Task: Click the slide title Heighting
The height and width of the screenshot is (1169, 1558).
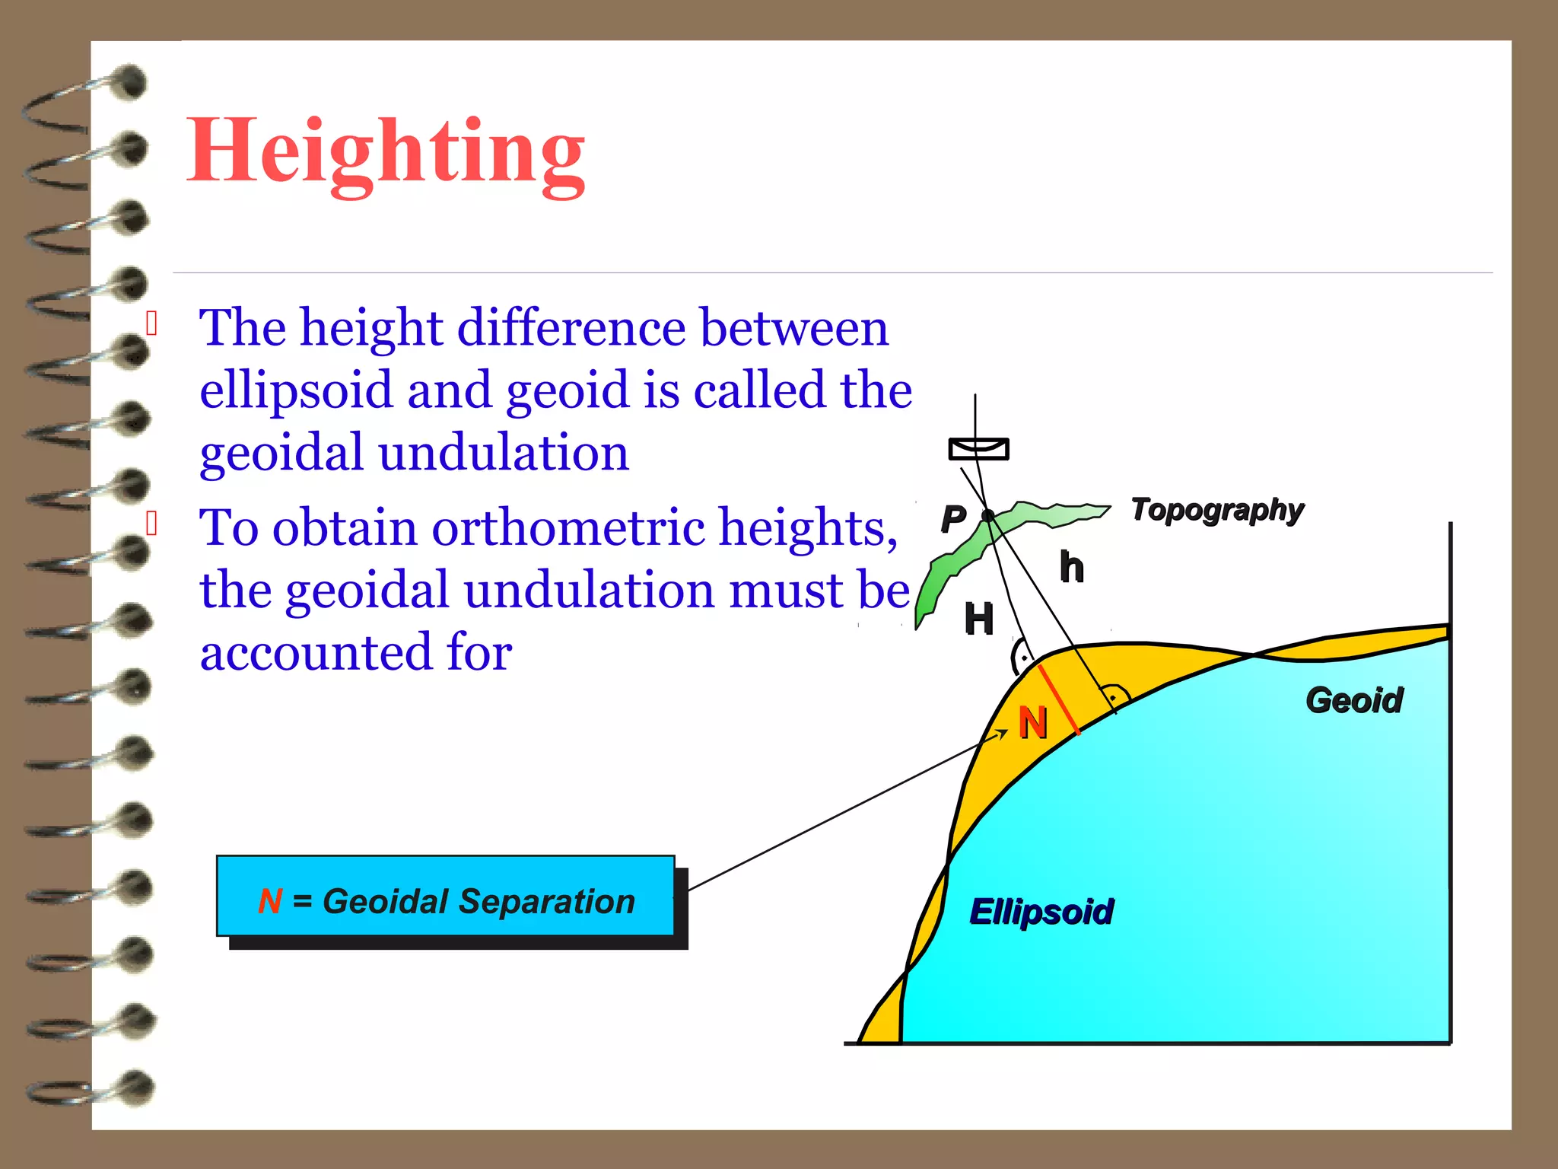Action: (386, 152)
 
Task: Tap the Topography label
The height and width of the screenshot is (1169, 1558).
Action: (1217, 510)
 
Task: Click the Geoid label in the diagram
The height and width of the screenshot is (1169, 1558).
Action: (1354, 700)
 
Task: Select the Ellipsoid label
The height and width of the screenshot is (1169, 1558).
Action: (1041, 911)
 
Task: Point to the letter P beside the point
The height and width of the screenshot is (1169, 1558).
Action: (953, 519)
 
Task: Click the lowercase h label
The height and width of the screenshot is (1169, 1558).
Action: (1072, 568)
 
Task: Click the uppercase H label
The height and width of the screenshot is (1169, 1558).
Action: (979, 619)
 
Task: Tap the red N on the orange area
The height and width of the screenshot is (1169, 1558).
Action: (1033, 723)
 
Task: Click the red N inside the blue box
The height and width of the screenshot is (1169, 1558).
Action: (270, 901)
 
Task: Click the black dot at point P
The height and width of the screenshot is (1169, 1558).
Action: (987, 516)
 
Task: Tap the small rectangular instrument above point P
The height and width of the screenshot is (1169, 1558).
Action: (978, 449)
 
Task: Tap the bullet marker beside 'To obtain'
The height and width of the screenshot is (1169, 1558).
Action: (152, 524)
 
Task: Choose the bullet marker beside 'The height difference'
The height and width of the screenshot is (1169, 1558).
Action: (152, 323)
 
